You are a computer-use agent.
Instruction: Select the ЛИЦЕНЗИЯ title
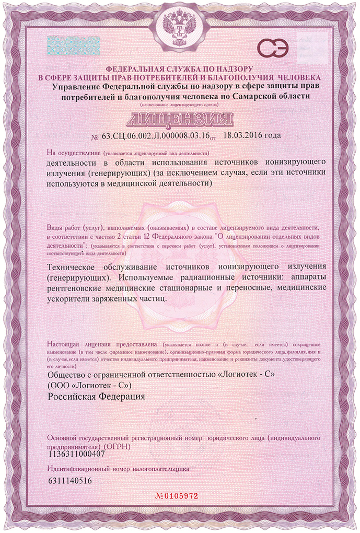tap(180, 119)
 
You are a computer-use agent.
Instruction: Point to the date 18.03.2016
tap(244, 135)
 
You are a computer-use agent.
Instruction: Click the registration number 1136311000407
tap(76, 454)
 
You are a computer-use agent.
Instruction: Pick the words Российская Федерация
tap(96, 396)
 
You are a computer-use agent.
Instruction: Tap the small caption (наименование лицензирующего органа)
tap(180, 106)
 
